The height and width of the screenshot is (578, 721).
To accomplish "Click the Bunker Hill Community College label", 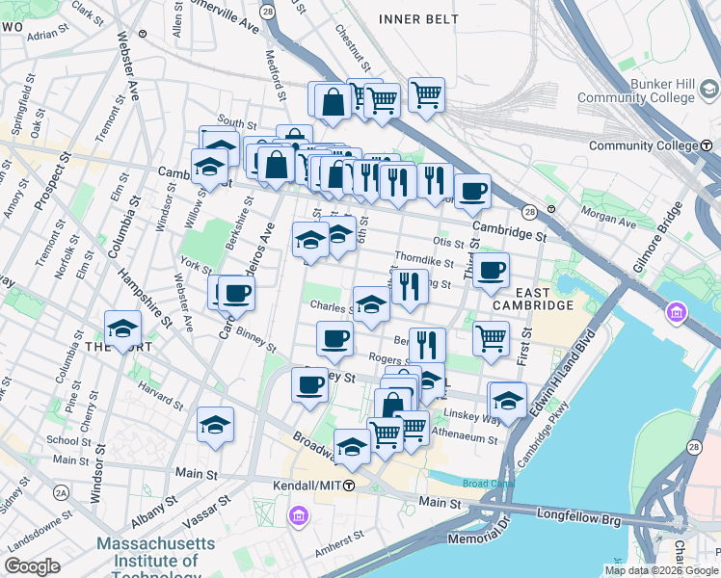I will coord(636,91).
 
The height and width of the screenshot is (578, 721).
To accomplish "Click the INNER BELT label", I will coord(414,19).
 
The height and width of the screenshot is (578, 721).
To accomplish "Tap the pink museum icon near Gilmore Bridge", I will coord(677,313).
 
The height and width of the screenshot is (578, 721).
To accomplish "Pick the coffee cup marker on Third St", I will coord(491,271).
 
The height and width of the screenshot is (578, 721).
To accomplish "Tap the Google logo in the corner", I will coord(32,565).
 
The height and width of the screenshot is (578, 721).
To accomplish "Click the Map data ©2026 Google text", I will coord(659,570).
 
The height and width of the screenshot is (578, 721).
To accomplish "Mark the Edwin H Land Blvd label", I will coord(570,366).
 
